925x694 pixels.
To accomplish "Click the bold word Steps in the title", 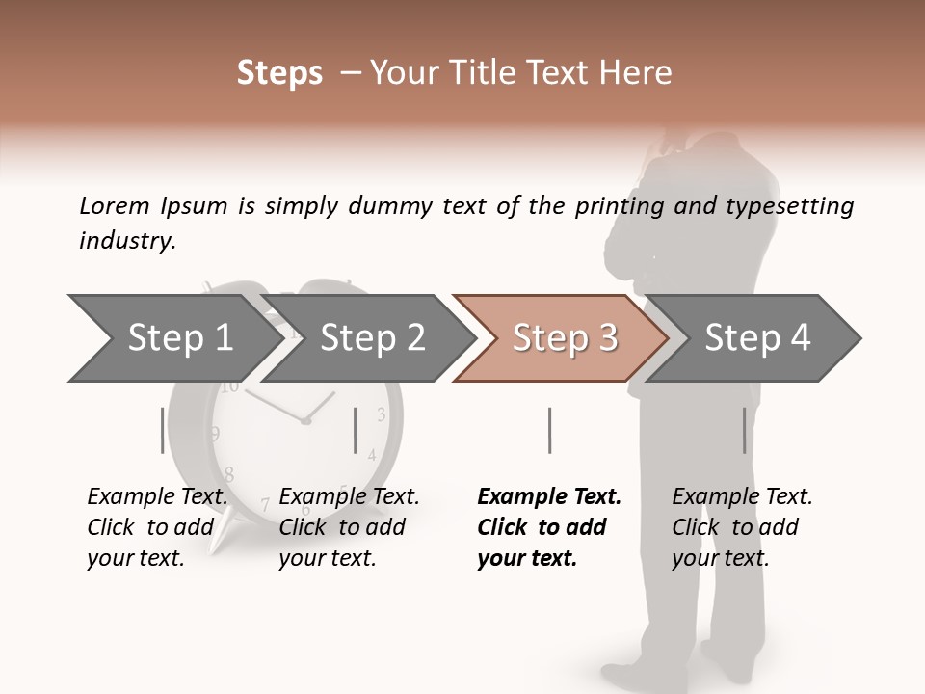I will click(x=279, y=73).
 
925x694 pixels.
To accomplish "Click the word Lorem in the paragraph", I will click(x=115, y=205).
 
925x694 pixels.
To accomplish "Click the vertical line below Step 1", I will click(x=162, y=430).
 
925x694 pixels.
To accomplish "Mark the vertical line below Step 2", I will click(x=356, y=430).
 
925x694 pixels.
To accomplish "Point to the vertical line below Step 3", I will click(x=549, y=430).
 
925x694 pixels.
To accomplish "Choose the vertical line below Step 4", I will click(x=744, y=430).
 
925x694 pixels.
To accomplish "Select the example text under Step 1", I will click(x=157, y=527).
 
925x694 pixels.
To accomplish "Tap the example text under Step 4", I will click(x=741, y=527).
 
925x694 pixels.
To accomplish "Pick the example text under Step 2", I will click(x=349, y=527).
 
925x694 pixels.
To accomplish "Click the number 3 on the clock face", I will click(x=382, y=415).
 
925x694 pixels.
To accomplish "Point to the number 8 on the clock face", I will click(x=229, y=474).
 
